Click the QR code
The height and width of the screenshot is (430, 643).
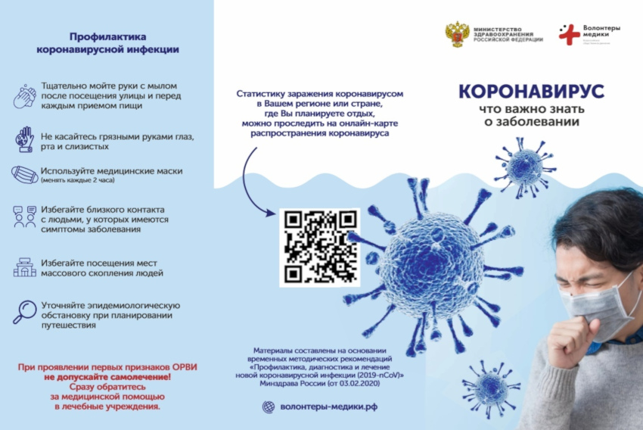[319, 247]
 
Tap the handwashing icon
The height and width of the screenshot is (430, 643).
[24, 98]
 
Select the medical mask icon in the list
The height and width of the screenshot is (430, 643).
[24, 175]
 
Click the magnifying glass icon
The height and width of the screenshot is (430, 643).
[24, 310]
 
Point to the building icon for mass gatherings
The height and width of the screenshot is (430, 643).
[24, 267]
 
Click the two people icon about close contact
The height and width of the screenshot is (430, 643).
[24, 217]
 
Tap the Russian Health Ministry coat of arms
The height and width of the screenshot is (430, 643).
[456, 35]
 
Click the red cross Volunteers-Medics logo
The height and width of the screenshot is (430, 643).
[569, 33]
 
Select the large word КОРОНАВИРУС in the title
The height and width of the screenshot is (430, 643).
[530, 92]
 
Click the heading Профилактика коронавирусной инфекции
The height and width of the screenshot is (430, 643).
[107, 42]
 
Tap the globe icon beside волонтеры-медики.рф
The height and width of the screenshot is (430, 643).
[268, 407]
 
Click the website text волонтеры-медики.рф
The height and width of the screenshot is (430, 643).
[319, 407]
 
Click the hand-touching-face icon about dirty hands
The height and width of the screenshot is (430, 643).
[24, 139]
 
